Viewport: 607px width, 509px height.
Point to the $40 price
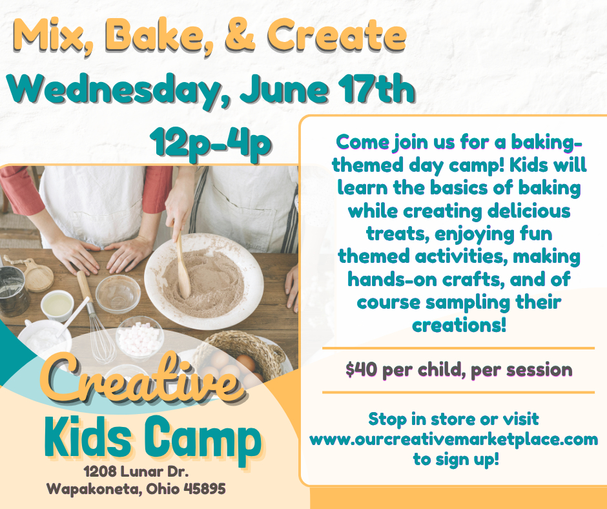pyautogui.click(x=358, y=369)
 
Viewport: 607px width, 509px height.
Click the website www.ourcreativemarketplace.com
pyautogui.click(x=453, y=440)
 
